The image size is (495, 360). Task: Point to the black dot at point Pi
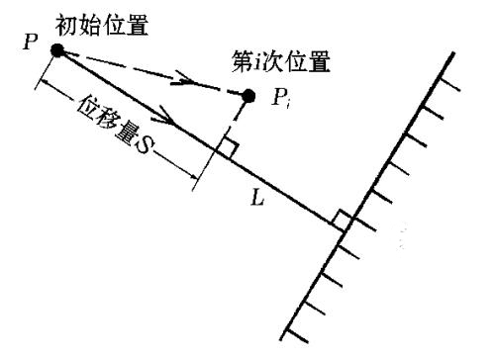point(248,96)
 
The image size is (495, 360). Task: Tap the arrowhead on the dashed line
point(182,81)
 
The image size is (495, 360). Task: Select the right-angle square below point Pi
point(227,148)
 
